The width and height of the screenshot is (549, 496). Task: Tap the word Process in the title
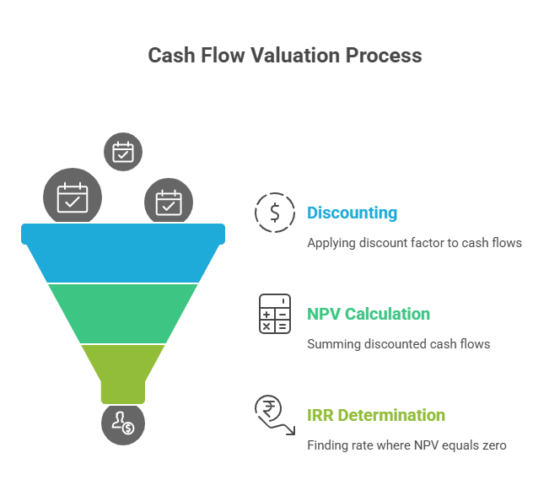tap(383, 56)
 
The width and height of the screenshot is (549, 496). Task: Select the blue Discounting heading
tap(352, 213)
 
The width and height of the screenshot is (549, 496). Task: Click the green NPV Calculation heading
tap(369, 314)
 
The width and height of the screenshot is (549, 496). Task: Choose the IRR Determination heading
tap(376, 415)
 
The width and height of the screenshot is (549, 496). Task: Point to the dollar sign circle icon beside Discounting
tap(275, 213)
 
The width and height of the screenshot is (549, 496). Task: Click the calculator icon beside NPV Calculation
tap(275, 314)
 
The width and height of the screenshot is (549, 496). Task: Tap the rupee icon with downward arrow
tap(274, 414)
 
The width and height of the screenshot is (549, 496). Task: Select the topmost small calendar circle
tap(123, 152)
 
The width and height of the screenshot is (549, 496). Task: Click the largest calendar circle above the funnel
tap(73, 198)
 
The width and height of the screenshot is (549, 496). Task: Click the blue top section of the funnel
tap(123, 252)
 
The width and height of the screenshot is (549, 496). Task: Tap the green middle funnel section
tap(123, 313)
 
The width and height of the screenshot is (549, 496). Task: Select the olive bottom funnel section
tap(123, 367)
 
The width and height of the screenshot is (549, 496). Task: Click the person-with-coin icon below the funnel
tap(123, 423)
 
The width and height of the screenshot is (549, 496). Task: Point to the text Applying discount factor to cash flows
tap(414, 243)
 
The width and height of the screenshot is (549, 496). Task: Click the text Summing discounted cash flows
tap(398, 344)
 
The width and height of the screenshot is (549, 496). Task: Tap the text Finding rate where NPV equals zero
tap(406, 445)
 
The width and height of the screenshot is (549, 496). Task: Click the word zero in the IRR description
tap(492, 445)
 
